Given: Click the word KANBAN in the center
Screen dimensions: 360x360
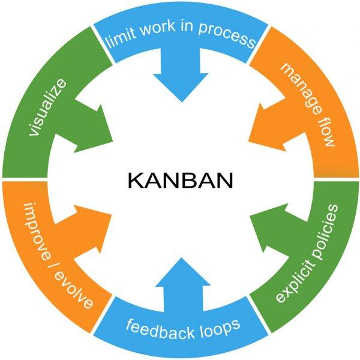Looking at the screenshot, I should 180,180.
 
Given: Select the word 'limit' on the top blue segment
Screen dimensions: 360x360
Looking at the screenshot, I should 118,41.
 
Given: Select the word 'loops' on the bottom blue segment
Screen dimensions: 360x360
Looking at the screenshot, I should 220,326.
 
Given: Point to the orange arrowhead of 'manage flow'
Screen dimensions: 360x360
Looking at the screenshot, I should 264,120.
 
